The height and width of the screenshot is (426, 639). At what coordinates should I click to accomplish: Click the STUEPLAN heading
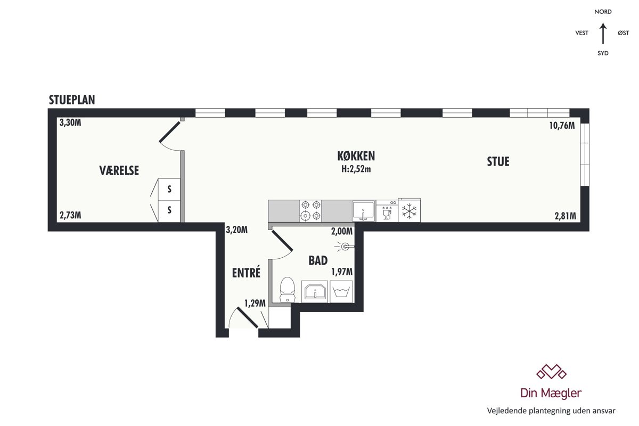pos(72,100)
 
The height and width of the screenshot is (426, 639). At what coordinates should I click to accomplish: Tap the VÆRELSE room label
pos(119,170)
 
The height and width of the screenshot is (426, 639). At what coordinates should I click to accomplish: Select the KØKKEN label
pos(356,156)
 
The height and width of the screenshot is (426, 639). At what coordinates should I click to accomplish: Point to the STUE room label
pos(498,161)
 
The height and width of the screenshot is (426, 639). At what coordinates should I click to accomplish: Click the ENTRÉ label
pos(246,273)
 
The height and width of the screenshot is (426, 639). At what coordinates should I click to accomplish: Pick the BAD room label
pos(318,260)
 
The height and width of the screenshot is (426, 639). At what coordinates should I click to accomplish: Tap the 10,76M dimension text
pos(562,126)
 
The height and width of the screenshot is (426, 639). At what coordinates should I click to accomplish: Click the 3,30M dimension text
pos(70,122)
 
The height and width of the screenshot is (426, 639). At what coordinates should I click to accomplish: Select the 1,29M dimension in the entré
pos(255,304)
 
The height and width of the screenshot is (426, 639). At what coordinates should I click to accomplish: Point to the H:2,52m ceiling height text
pos(356,169)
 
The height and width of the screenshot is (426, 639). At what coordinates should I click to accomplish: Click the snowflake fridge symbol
pos(409,211)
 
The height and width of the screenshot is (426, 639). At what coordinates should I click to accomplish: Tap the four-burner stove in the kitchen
pos(310,210)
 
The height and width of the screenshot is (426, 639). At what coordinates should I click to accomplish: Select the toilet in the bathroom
pos(287,290)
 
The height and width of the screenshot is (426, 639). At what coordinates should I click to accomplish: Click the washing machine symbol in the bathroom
pos(341,292)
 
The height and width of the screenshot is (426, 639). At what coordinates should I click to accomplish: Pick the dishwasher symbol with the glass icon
pos(387,210)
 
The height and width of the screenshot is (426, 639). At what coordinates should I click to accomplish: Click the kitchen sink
pos(363,211)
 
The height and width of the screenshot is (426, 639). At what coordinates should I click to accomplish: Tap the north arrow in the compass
pos(603,34)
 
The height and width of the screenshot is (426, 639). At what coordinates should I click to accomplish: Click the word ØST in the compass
pos(624,33)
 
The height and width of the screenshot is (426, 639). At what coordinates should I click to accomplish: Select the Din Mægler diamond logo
pos(551,372)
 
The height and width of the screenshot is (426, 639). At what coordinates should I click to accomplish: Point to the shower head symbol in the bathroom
pos(345,246)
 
